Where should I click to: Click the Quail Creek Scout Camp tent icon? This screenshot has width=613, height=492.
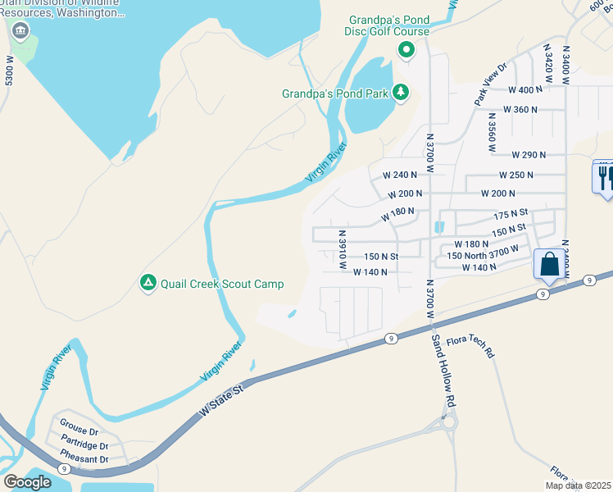148,283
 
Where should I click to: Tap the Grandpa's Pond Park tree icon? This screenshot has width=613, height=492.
401,93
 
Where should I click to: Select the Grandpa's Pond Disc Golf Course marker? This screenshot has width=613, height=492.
406,51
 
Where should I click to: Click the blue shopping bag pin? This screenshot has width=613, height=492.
548,265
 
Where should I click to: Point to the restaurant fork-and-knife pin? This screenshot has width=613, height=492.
604,176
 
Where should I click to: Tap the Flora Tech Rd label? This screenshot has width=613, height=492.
484,344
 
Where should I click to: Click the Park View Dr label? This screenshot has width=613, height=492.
490,84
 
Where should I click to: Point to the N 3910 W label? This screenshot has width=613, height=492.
343,249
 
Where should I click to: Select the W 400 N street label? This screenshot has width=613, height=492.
525,89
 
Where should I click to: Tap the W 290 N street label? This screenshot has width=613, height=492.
528,154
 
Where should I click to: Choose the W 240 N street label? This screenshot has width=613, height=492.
400,175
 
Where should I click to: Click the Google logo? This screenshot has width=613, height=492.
27,482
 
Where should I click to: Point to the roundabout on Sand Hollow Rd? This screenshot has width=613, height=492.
447,423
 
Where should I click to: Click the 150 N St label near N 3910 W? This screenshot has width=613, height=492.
381,257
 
